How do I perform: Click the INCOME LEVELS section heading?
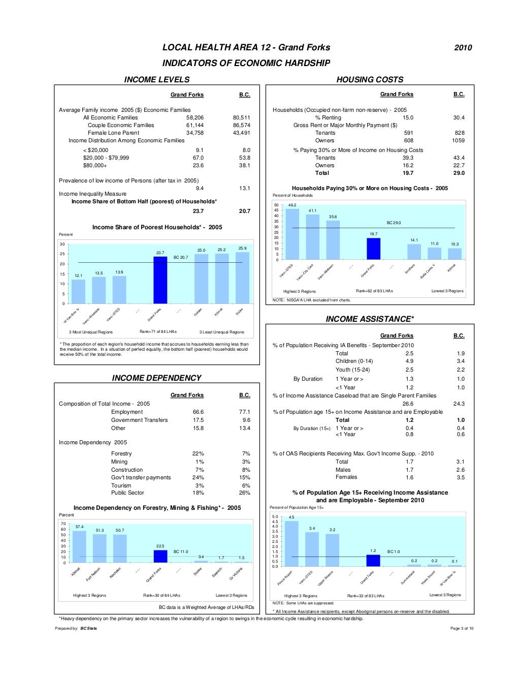tap(157, 79)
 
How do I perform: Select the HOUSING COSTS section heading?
tap(370, 79)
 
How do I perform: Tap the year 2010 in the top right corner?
tap(463, 48)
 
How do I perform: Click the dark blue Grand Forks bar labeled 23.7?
tap(160, 280)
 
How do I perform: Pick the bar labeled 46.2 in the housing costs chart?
tap(292, 234)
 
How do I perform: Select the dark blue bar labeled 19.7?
tap(373, 249)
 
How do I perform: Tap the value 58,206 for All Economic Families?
tap(195, 117)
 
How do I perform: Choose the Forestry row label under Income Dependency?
tap(121, 453)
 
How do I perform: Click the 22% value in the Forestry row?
tap(198, 453)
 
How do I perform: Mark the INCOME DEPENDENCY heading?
tap(156, 378)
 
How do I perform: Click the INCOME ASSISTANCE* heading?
tap(370, 319)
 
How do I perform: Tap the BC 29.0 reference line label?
tap(394, 223)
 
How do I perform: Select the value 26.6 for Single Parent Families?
tap(408, 404)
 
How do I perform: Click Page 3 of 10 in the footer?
tap(462, 628)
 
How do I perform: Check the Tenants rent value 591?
tap(408, 133)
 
